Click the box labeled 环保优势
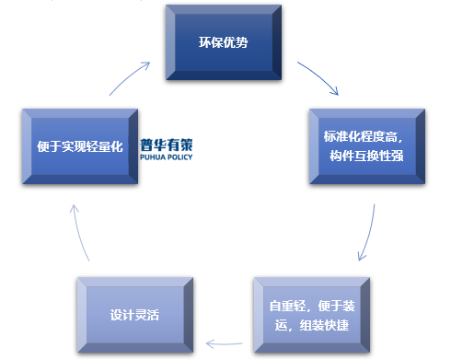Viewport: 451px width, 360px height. (223, 42)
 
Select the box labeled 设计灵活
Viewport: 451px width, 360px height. (134, 312)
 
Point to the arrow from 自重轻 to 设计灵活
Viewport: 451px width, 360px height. (224, 344)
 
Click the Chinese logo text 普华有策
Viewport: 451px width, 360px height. (167, 144)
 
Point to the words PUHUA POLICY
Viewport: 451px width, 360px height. (167, 157)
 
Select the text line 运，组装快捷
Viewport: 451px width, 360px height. (311, 322)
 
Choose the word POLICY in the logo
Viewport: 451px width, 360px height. (179, 157)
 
